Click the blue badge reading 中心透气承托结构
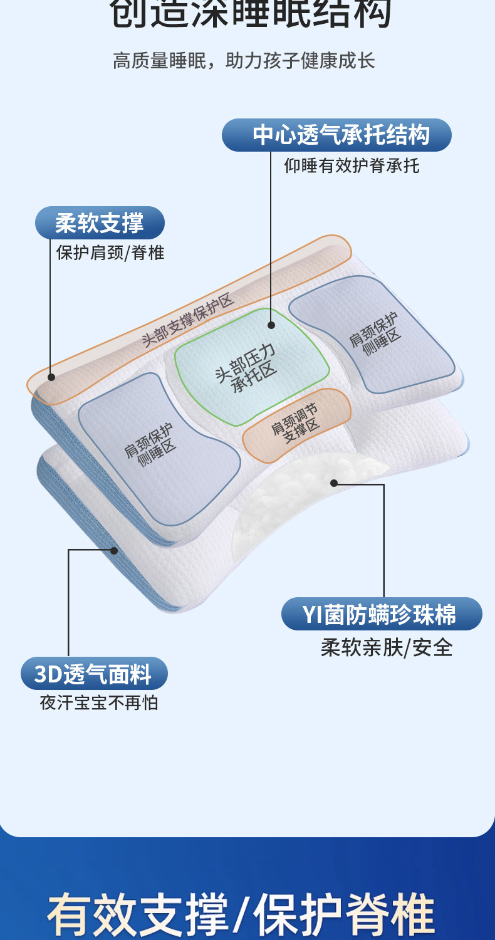(337, 135)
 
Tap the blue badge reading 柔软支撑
(100, 223)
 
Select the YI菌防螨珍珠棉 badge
(381, 614)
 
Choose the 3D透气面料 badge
(94, 674)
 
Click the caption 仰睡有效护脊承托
(352, 165)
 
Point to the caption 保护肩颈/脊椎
(110, 253)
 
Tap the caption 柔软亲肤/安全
(386, 647)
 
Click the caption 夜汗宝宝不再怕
(99, 702)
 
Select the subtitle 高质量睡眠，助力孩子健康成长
(244, 61)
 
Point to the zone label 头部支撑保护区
(187, 321)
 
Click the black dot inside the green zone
(271, 325)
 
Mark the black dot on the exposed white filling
(334, 483)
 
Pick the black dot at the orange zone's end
(51, 377)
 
